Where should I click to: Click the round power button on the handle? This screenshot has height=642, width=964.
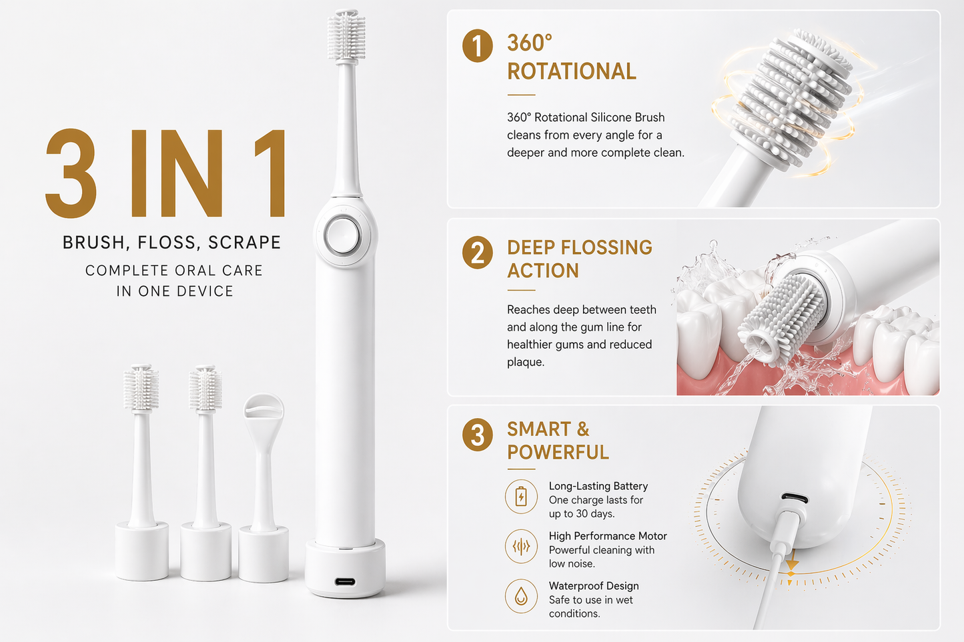(x=342, y=235)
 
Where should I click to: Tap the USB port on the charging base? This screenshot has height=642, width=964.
(x=345, y=582)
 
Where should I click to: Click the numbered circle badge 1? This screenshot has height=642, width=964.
(x=477, y=45)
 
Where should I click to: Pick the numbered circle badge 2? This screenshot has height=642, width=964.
(x=477, y=253)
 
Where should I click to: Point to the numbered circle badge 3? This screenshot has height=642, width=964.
(x=477, y=435)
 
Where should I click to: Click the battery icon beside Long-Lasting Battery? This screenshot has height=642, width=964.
(x=521, y=497)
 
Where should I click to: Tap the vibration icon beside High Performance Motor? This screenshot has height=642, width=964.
(x=521, y=547)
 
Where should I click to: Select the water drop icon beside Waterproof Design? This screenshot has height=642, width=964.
(x=521, y=596)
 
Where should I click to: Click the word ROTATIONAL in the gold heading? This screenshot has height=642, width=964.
(x=572, y=71)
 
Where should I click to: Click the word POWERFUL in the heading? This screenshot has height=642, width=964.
(x=558, y=453)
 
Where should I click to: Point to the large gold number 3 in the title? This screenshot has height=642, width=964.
(x=71, y=173)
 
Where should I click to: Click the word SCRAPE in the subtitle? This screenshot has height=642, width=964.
(x=244, y=243)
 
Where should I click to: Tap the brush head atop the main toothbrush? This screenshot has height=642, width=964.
(x=346, y=36)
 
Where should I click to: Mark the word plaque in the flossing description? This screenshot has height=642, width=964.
(x=526, y=363)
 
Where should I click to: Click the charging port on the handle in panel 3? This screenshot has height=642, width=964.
(x=795, y=498)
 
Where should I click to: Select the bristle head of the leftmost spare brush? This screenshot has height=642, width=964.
(x=141, y=387)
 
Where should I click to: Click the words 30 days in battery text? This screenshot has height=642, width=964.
(x=595, y=514)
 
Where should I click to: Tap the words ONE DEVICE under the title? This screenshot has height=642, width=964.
(x=186, y=291)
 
